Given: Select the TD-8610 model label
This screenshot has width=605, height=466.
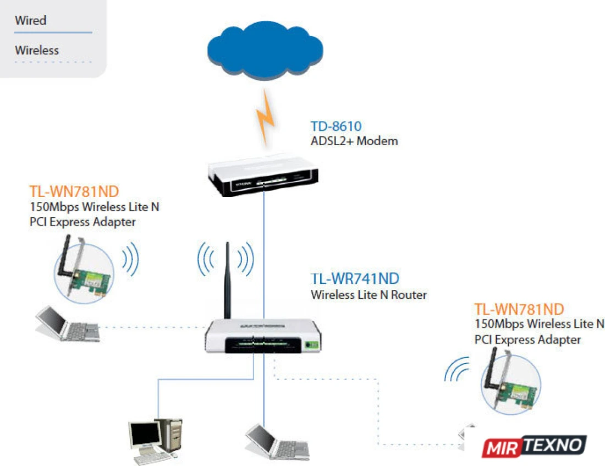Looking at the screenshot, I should click(336, 127).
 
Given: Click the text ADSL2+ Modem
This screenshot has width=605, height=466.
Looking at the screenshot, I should click(354, 141).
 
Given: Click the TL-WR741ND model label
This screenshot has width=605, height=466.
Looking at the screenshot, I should click(355, 279).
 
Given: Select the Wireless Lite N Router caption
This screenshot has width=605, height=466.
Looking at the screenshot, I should click(369, 294).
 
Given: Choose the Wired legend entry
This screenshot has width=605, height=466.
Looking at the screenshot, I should click(31, 21).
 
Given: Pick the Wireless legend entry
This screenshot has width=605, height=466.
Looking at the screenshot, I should click(37, 50).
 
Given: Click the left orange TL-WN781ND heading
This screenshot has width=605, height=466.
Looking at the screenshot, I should click(74, 192).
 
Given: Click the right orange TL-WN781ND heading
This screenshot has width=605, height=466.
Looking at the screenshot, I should click(519, 309).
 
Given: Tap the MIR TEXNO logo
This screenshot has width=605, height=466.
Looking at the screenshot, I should click(533, 446).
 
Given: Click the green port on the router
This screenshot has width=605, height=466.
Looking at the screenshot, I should click(311, 345).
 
